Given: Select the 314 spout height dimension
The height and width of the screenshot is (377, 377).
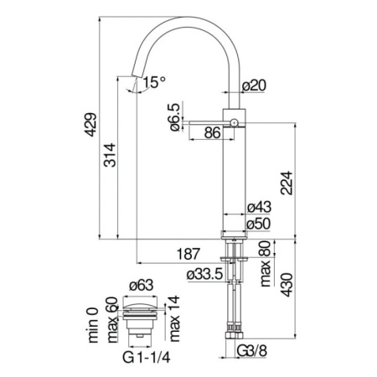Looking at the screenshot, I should (x=121, y=154).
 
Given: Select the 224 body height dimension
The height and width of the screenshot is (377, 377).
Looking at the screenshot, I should (x=286, y=181).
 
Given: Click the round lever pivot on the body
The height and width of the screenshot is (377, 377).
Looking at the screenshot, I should (x=235, y=123).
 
